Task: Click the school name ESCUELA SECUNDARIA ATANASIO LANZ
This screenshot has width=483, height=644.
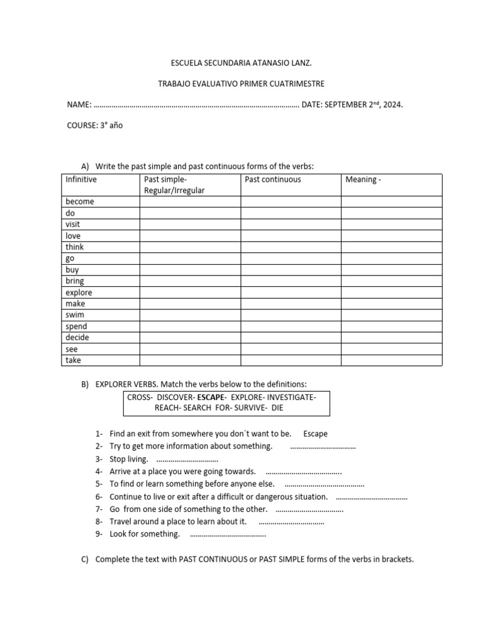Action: tap(241, 64)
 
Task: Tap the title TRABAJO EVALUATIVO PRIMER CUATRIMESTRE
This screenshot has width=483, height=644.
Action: tap(241, 84)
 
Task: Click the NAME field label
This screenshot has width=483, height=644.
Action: tap(79, 104)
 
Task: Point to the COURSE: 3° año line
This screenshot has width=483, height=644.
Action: tap(95, 125)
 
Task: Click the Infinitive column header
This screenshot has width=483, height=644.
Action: tap(81, 180)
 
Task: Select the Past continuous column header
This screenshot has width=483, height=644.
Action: tap(272, 180)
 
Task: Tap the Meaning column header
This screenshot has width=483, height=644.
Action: tap(363, 180)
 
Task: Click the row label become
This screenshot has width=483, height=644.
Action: tap(79, 202)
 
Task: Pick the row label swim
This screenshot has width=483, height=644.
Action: tap(75, 315)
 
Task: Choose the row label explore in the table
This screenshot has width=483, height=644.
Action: tap(79, 292)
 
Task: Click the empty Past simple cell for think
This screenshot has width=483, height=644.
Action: tap(190, 247)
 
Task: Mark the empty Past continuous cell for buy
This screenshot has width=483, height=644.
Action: tap(291, 270)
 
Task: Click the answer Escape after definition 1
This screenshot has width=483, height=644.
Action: tap(315, 434)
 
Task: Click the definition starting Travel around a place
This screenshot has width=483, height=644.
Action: tap(178, 522)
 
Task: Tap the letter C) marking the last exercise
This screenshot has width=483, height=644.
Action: tap(85, 559)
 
